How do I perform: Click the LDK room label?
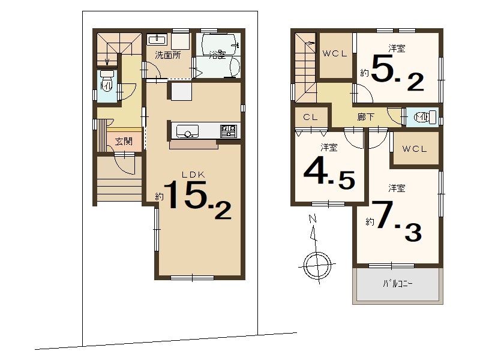pos(193,175)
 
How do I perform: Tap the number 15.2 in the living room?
pos(197,199)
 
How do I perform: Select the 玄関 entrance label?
pos(124,141)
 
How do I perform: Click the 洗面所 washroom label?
pos(168,55)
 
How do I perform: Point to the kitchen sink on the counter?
pos(187,131)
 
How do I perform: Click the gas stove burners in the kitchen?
pos(229,131)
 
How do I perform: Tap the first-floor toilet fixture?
pos(107,81)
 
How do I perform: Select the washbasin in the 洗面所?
pos(157,40)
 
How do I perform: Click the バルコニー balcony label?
pos(397,284)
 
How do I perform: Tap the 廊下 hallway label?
pos(365,116)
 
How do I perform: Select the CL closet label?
pos(310,117)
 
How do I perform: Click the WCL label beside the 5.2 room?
pos(335,53)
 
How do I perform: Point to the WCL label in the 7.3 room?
pos(414,149)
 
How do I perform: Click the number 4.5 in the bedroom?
pos(329,173)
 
